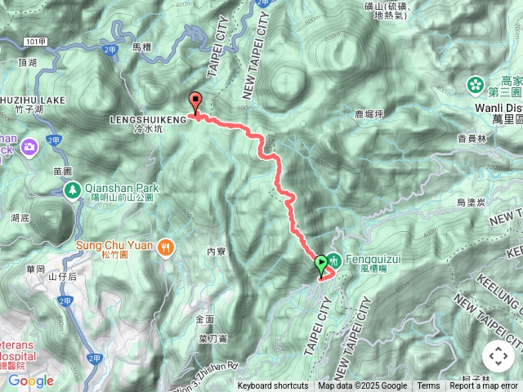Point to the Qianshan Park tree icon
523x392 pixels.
72,190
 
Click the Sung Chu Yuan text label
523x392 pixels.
115,244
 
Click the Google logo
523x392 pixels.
31,381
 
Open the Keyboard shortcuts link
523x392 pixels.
273,386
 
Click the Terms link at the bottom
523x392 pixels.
428,386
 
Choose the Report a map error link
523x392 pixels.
484,386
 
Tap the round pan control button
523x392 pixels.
498,356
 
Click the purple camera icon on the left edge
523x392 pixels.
30,147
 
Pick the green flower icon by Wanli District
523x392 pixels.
476,85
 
